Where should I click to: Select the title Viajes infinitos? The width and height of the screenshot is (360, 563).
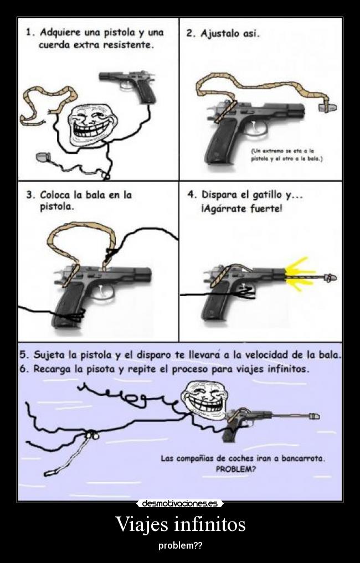[180, 523]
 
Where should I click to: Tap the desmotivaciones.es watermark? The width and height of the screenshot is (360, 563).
[180, 503]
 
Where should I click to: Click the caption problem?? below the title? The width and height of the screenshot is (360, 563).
[180, 545]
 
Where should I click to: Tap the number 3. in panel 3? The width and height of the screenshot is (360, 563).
[31, 195]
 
